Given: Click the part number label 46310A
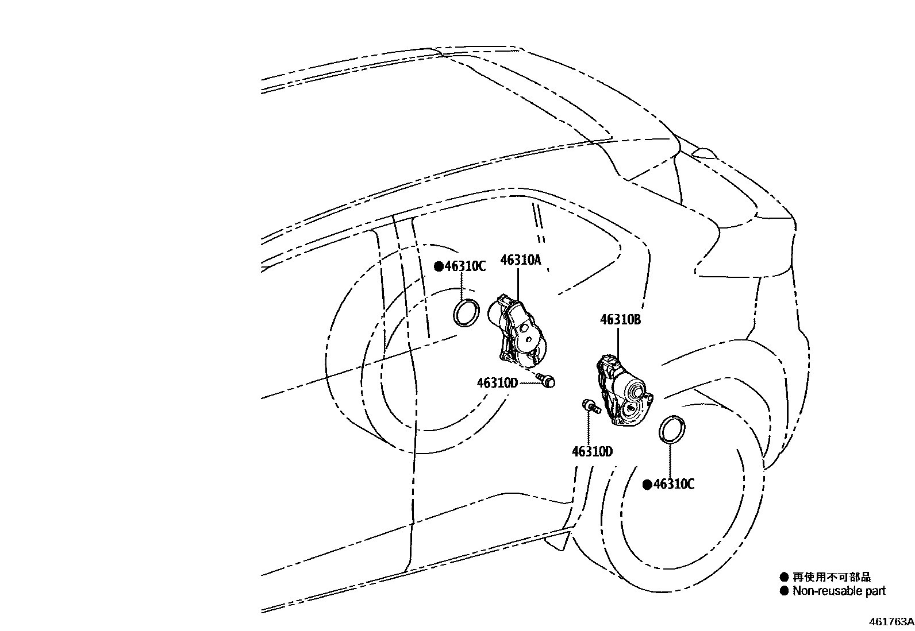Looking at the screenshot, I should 521,260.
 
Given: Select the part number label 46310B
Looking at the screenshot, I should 621,320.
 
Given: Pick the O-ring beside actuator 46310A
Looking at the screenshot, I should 467,312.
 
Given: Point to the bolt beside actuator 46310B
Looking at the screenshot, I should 590,407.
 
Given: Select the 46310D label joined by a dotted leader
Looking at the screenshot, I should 497,382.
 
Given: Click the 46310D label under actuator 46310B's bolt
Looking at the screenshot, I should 592,452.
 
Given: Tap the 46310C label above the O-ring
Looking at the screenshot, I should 466,266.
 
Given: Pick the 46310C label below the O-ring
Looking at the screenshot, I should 674,485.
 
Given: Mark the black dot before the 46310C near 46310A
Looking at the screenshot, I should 439,266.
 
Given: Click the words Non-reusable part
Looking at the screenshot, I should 839,590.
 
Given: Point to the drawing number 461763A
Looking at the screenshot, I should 891,622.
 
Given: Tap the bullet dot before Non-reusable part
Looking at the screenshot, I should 784,591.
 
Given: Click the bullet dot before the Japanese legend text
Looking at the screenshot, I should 784,577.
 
